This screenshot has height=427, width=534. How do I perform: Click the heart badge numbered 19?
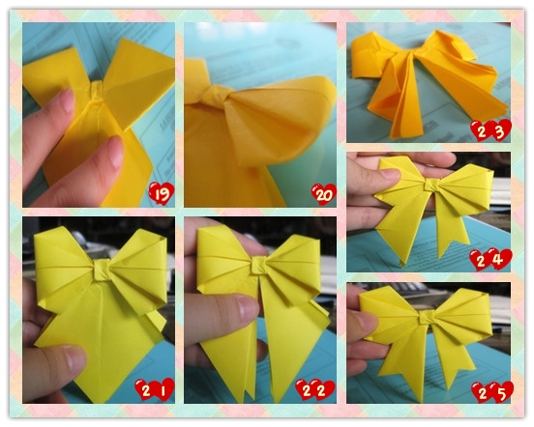tap(162, 194)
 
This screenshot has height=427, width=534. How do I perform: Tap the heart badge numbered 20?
tap(324, 194)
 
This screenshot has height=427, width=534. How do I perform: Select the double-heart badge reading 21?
tap(155, 389)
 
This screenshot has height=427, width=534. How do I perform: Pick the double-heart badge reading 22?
tap(315, 390)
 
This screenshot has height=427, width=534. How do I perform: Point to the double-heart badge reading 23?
tap(490, 130)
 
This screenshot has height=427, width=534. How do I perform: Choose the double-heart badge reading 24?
tap(490, 260)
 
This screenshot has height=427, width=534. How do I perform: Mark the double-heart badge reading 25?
tap(492, 392)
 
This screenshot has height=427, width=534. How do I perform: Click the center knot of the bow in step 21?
tap(103, 270)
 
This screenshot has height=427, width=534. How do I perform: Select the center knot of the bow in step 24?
tap(431, 185)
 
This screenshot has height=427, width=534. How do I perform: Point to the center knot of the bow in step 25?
tap(427, 317)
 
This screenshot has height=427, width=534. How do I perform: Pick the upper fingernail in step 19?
tap(67, 100)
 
